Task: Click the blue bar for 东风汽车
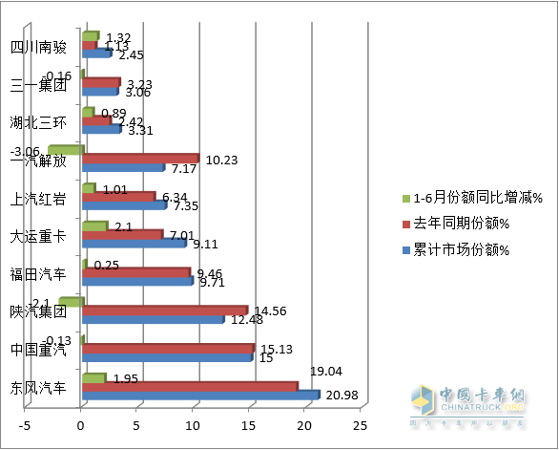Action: (x=200, y=394)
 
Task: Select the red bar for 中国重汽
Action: (x=168, y=348)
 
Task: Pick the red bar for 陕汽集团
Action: (x=165, y=310)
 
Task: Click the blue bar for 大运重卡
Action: (x=134, y=243)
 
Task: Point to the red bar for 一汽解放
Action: (x=140, y=158)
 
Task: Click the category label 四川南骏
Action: (x=38, y=47)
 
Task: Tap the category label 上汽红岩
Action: (x=38, y=199)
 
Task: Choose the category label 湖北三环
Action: (x=38, y=123)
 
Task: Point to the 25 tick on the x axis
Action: (x=361, y=425)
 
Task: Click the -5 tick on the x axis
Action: (x=27, y=425)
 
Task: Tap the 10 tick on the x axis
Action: (x=194, y=425)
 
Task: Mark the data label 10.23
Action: (x=221, y=160)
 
